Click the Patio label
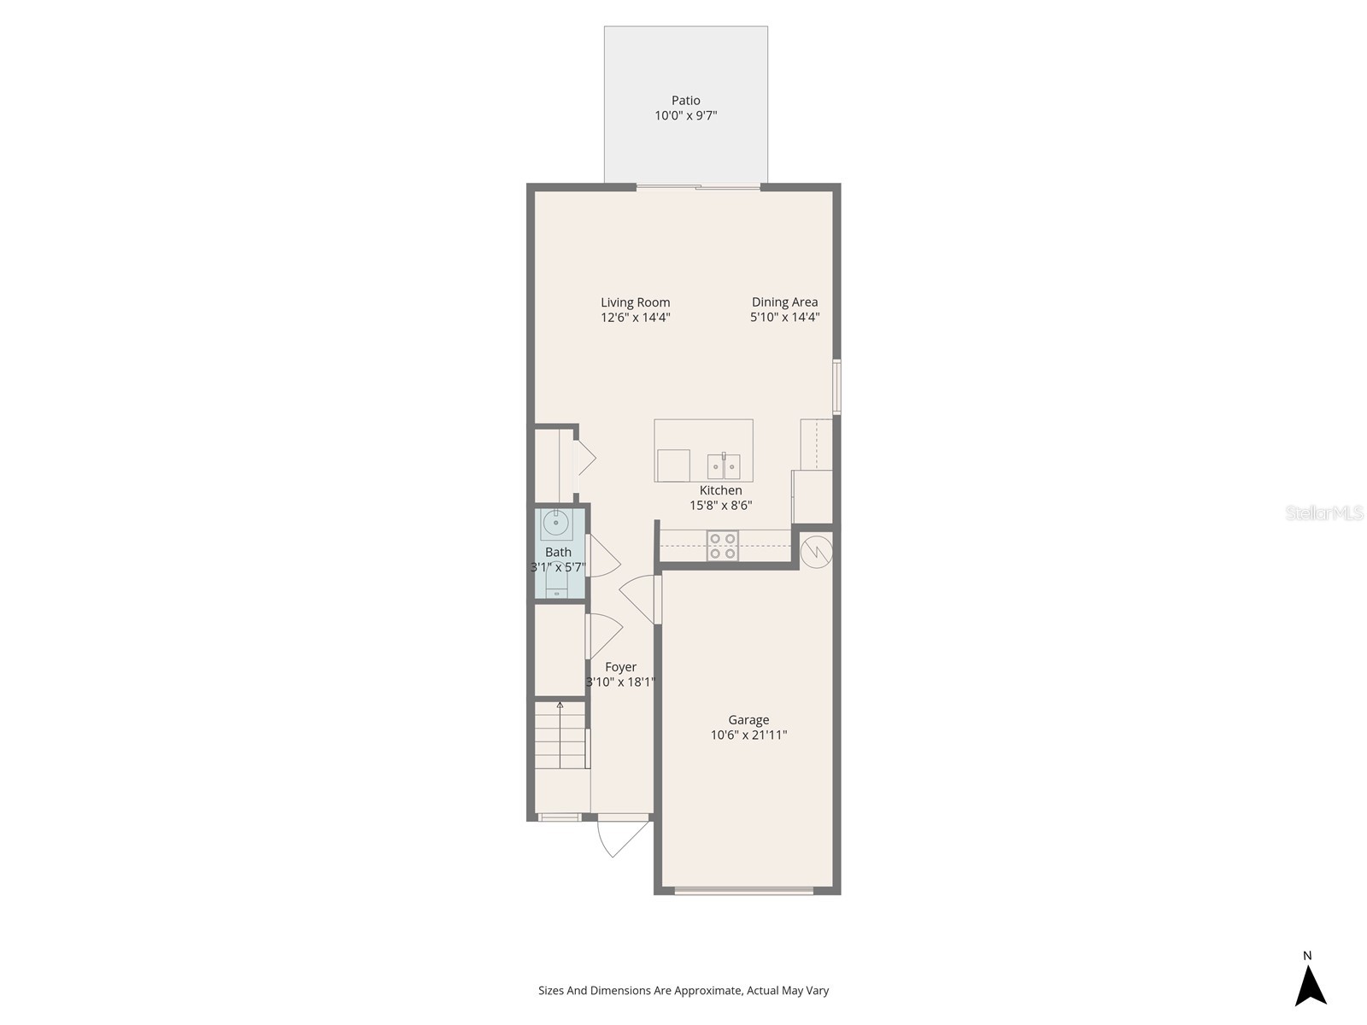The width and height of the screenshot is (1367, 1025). [685, 100]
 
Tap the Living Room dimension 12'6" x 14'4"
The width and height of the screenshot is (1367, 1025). [635, 318]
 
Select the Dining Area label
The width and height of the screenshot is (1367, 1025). [784, 302]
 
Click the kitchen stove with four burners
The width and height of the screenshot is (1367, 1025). [722, 547]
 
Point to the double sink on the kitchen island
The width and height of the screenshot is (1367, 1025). [724, 467]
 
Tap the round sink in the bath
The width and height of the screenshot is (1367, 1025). [556, 522]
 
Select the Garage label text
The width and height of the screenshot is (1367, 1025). [748, 720]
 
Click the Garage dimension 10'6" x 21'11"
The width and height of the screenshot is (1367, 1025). [748, 735]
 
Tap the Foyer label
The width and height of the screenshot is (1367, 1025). [620, 667]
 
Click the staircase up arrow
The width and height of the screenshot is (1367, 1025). [560, 706]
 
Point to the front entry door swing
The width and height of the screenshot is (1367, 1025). [622, 837]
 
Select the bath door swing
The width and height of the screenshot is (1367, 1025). [603, 555]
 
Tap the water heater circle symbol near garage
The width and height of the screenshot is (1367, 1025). [817, 551]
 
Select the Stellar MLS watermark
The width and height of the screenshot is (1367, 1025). [1324, 512]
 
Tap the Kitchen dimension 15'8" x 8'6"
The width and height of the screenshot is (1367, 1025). [720, 506]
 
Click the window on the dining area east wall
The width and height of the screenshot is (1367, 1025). [837, 387]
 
